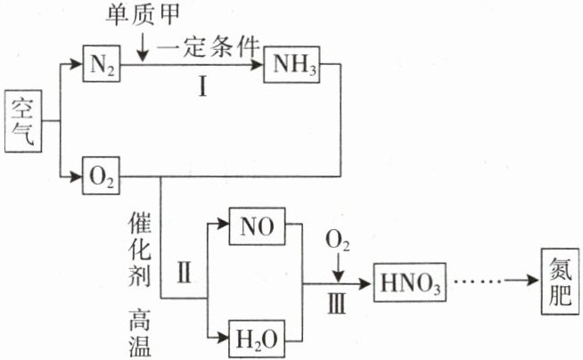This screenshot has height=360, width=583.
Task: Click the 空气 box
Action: tap(23, 121)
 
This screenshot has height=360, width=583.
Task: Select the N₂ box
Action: tap(102, 63)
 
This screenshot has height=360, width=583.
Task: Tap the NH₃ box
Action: tap(291, 64)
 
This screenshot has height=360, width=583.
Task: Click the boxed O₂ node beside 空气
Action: tap(101, 176)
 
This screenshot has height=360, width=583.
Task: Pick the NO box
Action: tap(258, 226)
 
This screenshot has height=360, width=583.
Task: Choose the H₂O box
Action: tap(257, 339)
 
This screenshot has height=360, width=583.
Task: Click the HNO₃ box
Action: tap(410, 282)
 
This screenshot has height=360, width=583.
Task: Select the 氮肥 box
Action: tap(561, 282)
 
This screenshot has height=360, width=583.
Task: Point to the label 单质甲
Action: tap(143, 15)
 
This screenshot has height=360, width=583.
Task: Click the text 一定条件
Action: tap(208, 47)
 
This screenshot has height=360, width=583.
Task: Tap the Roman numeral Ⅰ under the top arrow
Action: tap(202, 87)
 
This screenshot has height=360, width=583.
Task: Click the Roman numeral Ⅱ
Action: tap(185, 273)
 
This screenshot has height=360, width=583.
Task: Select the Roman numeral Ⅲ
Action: tap(337, 304)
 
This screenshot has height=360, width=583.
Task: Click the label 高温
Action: tap(140, 332)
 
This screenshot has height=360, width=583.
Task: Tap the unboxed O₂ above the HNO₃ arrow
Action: tap(338, 241)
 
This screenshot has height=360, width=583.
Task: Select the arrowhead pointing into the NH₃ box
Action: tap(258, 65)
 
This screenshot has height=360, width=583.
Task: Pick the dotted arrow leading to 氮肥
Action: tap(497, 281)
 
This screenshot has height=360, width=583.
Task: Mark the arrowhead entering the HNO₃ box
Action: tap(365, 284)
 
